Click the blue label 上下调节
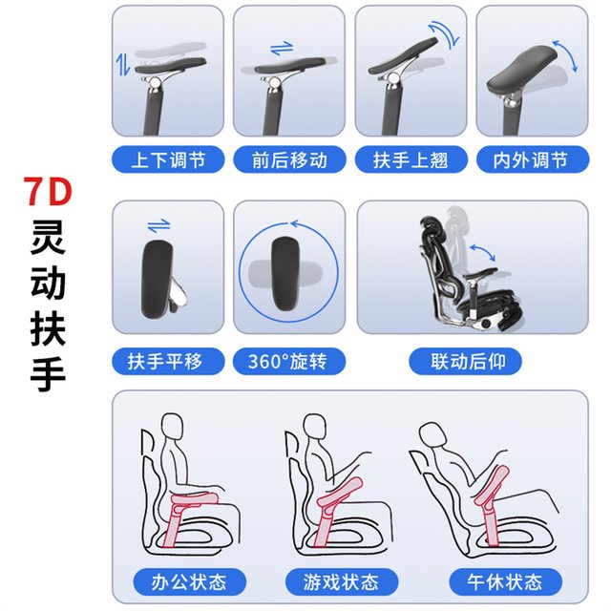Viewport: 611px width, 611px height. click(x=168, y=159)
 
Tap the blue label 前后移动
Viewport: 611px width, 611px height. click(x=289, y=159)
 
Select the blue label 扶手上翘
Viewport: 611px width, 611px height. click(x=411, y=159)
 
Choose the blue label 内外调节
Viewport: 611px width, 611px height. click(x=533, y=159)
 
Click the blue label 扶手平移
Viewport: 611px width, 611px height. click(x=168, y=361)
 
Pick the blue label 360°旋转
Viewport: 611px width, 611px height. click(x=289, y=361)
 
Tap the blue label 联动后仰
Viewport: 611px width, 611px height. click(x=465, y=361)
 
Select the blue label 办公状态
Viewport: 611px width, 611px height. click(x=189, y=581)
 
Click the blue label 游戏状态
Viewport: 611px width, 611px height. click(x=342, y=581)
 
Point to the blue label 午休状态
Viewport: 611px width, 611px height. click(x=505, y=581)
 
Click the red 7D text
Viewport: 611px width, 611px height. click(x=48, y=191)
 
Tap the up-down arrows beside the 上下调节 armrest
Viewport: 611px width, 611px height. click(x=123, y=64)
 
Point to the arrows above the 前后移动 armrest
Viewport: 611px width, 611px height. click(x=282, y=48)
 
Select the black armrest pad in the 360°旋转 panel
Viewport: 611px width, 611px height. click(x=285, y=274)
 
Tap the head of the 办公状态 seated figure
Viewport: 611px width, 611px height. click(x=172, y=427)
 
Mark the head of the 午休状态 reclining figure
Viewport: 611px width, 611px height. click(x=432, y=434)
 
